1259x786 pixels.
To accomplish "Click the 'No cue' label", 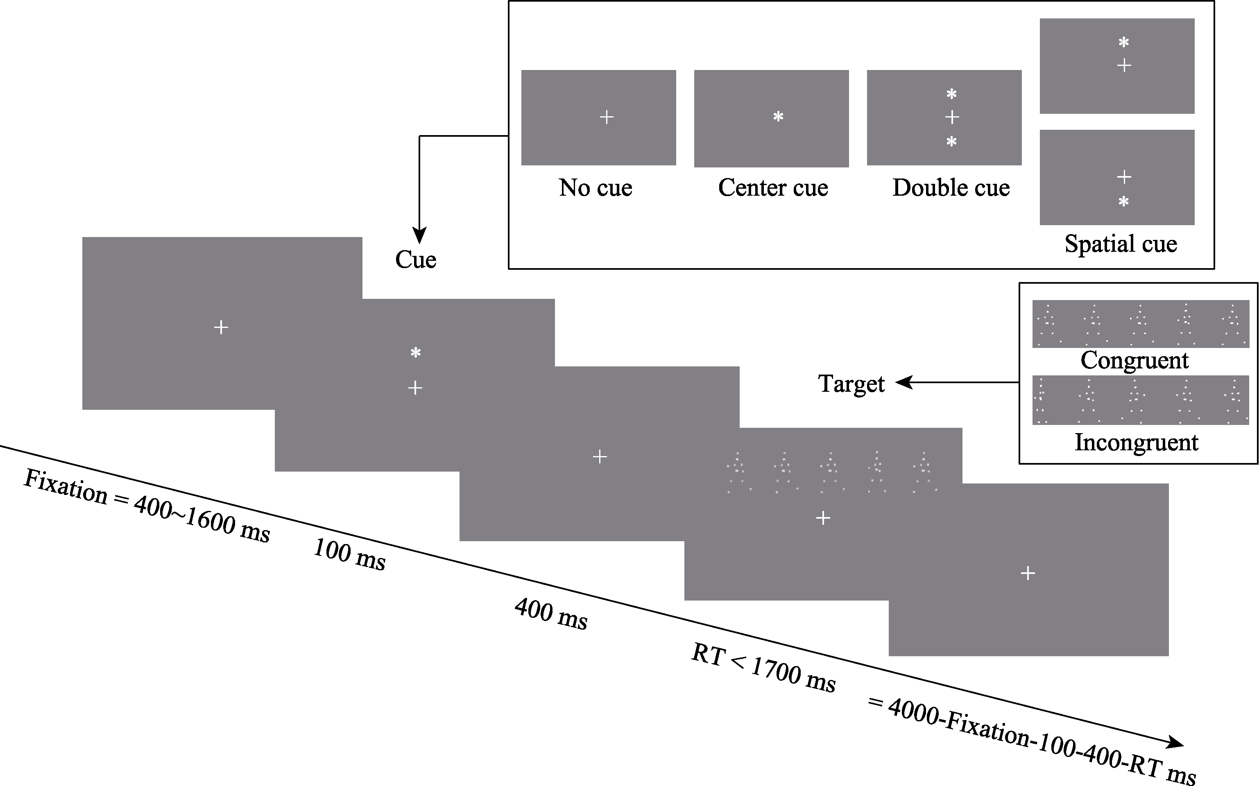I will pyautogui.click(x=596, y=187).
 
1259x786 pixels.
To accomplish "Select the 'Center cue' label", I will pyautogui.click(x=773, y=187).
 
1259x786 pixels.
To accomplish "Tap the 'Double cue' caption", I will pyautogui.click(x=951, y=187).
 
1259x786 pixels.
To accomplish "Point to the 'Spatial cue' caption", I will pyautogui.click(x=1121, y=244).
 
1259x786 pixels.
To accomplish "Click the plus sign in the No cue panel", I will pyautogui.click(x=606, y=117).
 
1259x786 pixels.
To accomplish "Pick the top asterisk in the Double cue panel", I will pyautogui.click(x=951, y=95).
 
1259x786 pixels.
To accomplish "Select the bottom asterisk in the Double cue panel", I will pyautogui.click(x=951, y=141).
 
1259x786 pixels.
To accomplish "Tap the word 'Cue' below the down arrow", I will pyautogui.click(x=416, y=260).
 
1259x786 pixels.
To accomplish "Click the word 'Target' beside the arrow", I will pyautogui.click(x=851, y=384).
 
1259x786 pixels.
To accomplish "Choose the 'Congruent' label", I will pyautogui.click(x=1134, y=360).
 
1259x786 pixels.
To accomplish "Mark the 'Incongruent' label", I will pyautogui.click(x=1136, y=443).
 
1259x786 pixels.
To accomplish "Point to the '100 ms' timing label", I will pyautogui.click(x=349, y=555).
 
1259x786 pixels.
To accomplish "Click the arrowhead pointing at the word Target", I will pyautogui.click(x=903, y=383).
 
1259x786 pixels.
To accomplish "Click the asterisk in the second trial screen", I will pyautogui.click(x=415, y=353).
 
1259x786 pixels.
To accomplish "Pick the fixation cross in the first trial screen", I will pyautogui.click(x=221, y=327).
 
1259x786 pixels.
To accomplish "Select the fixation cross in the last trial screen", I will pyautogui.click(x=1028, y=574).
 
